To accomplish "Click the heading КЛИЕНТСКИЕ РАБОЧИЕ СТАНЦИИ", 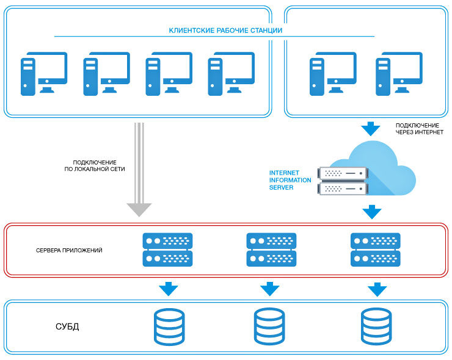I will (x=225, y=31).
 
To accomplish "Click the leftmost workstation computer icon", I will (x=43, y=73).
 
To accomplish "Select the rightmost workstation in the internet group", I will (x=399, y=73).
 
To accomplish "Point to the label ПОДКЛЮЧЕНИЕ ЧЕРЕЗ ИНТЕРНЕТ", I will (x=419, y=128).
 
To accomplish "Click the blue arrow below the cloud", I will (x=371, y=212).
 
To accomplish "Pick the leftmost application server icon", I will (x=167, y=250).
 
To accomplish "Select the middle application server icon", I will (x=271, y=250).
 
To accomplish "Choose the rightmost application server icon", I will (x=376, y=250).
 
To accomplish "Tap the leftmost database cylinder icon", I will (x=167, y=326).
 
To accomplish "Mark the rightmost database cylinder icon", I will (x=375, y=326).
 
